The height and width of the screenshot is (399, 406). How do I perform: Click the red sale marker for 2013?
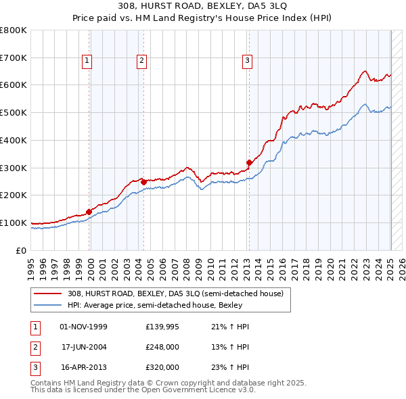(249, 162)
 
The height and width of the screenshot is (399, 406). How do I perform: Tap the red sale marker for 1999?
(89, 212)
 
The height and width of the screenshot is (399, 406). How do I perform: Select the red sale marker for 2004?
(143, 182)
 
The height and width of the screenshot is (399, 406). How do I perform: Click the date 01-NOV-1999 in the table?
(84, 327)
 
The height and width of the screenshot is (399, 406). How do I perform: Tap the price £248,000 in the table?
(162, 347)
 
